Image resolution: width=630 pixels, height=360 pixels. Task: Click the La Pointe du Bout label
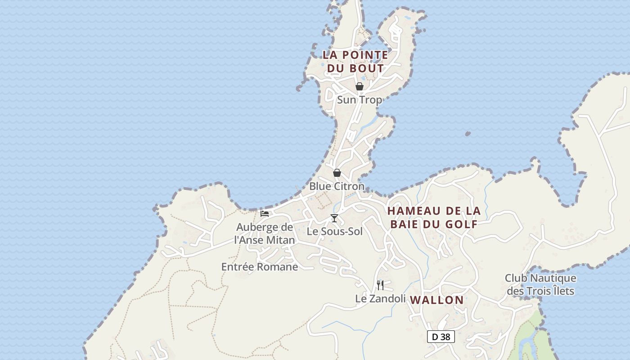pos(355,62)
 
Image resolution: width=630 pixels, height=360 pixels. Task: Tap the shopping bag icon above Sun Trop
pos(360,86)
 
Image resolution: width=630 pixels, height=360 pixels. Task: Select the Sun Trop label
pos(360,100)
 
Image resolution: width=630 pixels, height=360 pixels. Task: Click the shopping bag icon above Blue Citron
pos(337,173)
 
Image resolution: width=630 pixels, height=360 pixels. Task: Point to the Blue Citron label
pos(337,186)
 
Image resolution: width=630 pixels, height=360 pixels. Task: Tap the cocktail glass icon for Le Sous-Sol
pos(334,218)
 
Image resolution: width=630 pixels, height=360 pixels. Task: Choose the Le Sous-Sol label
pos(334,232)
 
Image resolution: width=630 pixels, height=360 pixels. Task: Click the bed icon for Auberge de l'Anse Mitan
pos(265,213)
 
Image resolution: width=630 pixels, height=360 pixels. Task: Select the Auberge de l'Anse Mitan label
pos(265,234)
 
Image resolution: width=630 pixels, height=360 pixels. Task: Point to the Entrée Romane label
pos(260,267)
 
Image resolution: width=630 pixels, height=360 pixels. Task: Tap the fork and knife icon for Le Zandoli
pos(380,285)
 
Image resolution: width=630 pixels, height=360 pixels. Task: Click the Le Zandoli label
pos(380,298)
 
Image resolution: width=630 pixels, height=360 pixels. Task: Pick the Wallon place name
pos(436,300)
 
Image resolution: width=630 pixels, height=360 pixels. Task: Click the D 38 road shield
pos(441,337)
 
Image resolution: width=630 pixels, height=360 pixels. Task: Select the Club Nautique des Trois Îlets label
pos(540,284)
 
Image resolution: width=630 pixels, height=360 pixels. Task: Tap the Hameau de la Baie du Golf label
pos(434,217)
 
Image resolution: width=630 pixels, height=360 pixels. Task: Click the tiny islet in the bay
pos(468,134)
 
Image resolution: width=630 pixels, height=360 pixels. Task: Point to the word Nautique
pos(553,278)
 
